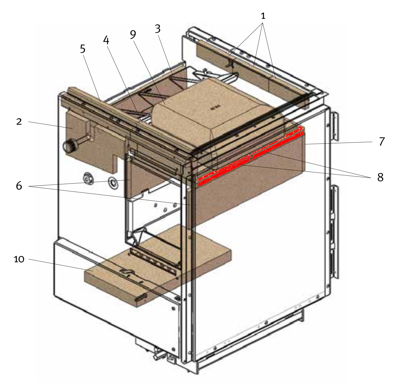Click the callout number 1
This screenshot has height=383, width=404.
pos(263,16)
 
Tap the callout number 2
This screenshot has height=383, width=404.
pos(19,122)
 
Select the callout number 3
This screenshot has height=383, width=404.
pos(157,29)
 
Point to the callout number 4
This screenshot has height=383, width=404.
pos(106,40)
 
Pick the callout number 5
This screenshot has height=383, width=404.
pos(83,49)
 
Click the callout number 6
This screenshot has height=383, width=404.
pos(19,186)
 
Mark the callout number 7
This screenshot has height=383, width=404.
pos(382,142)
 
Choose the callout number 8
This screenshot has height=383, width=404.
pos(380,177)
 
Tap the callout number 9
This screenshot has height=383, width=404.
pos(133,35)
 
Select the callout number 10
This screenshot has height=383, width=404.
pos(19,259)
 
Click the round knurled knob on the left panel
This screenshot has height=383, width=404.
pos(70,146)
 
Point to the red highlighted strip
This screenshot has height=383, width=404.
pos(250,156)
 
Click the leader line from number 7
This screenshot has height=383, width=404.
pos(339,143)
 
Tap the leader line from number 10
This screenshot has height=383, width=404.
pos(61,265)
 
